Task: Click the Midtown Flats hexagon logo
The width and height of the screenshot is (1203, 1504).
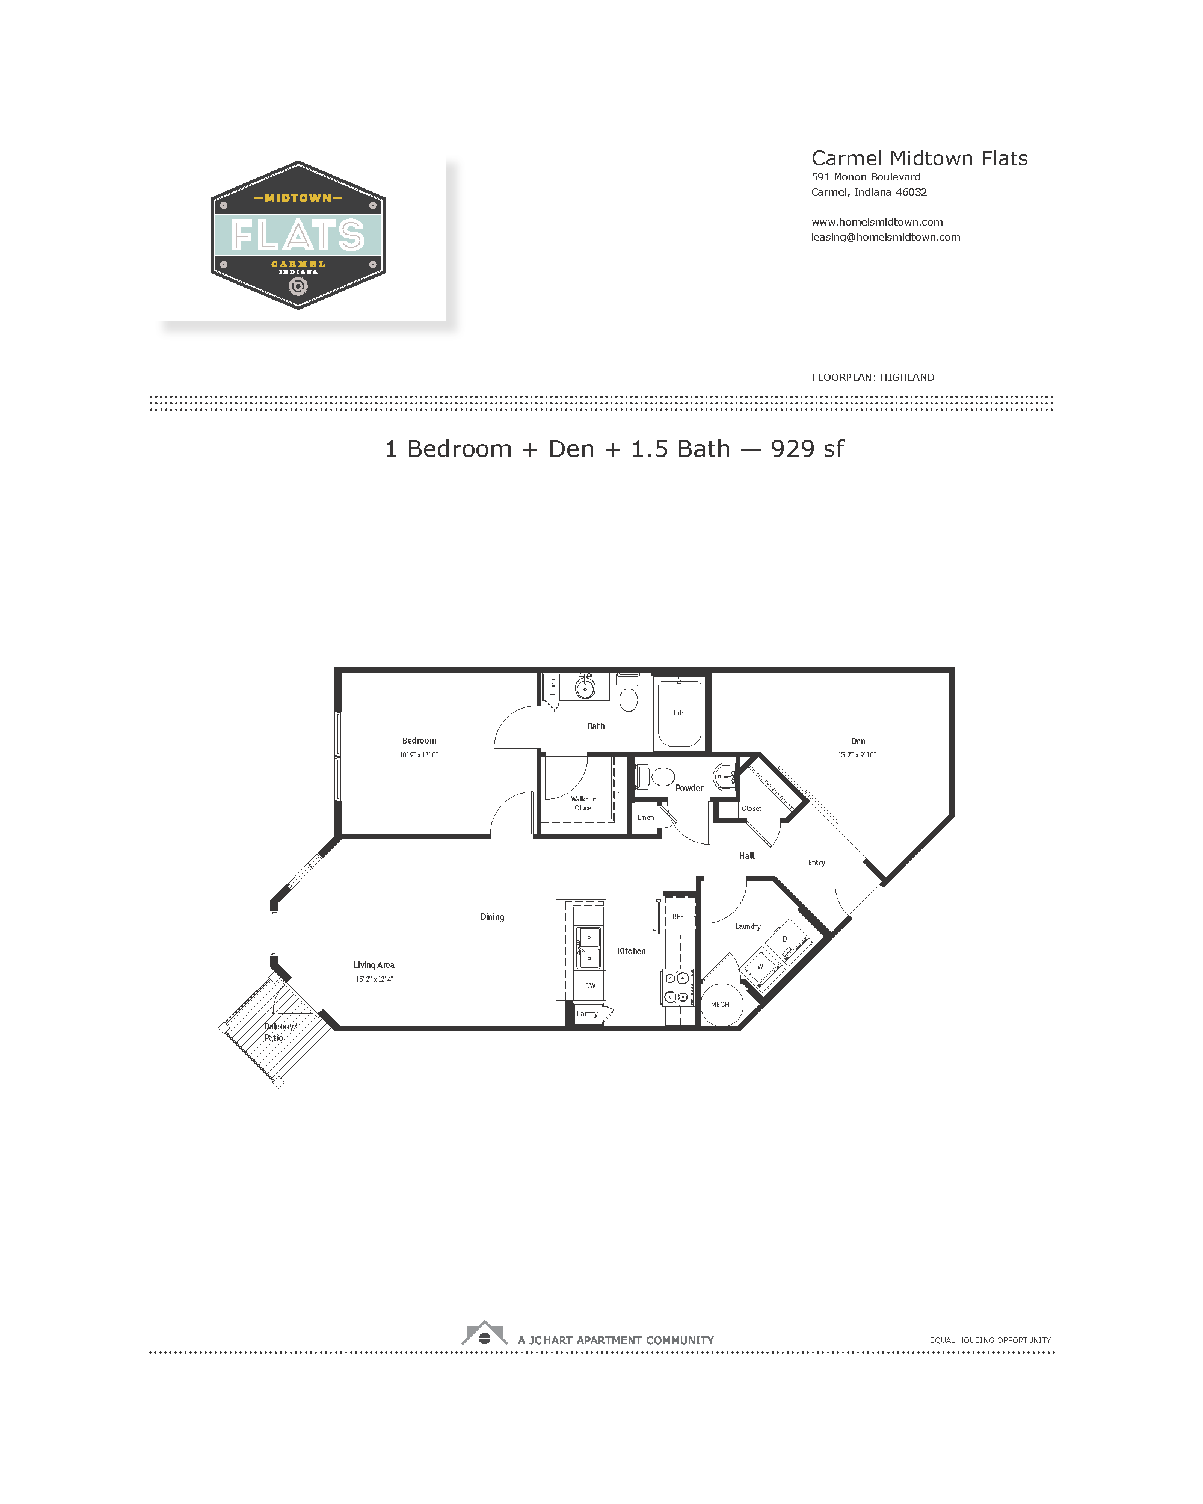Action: [298, 235]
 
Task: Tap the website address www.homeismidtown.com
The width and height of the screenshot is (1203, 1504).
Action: [876, 222]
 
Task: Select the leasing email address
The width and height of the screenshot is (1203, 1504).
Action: [885, 237]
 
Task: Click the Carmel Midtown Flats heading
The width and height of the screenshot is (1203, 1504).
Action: [919, 158]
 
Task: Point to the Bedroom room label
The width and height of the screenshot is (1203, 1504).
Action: [419, 740]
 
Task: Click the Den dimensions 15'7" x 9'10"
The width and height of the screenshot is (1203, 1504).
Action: [857, 755]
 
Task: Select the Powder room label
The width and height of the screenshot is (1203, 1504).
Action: [689, 788]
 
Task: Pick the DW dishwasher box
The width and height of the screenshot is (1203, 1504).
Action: [590, 985]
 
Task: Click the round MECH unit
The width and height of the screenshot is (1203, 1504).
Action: [721, 1004]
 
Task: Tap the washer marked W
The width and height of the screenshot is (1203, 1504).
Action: [761, 966]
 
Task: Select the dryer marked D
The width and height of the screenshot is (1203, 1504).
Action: [787, 940]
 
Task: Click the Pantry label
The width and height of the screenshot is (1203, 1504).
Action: [587, 1014]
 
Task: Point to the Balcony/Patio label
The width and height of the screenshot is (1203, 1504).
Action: [280, 1032]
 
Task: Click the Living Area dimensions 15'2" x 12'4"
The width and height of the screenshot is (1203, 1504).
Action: [375, 979]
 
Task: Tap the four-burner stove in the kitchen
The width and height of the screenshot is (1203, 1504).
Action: [677, 988]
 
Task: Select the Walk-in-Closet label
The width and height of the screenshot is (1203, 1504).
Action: [583, 803]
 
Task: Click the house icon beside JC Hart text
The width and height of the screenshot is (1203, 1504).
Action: [484, 1333]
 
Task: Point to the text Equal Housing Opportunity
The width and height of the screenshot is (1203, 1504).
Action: [989, 1340]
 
